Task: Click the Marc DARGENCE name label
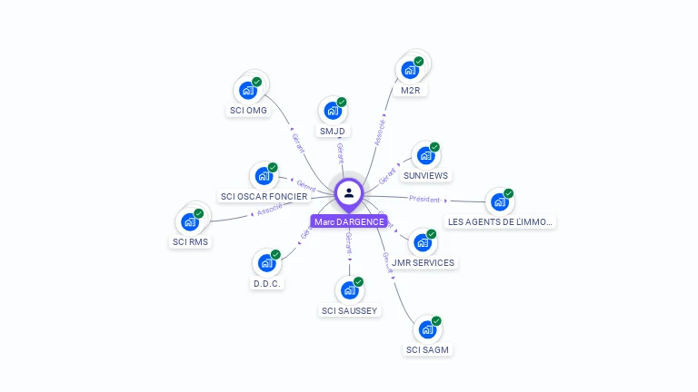349,221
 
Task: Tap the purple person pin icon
349,192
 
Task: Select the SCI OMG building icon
246,90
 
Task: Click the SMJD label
333,131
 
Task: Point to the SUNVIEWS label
425,175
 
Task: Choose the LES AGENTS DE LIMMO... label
500,221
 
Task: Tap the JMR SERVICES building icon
422,242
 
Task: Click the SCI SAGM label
427,349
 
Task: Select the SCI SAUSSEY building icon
348,290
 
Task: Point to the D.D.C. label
267,283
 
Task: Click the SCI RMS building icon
189,221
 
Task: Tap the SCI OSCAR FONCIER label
264,196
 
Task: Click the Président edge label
424,199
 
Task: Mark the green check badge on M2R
419,61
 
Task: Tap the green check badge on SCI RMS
199,213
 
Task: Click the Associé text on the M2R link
381,132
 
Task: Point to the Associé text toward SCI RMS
270,210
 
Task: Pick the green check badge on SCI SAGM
436,320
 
